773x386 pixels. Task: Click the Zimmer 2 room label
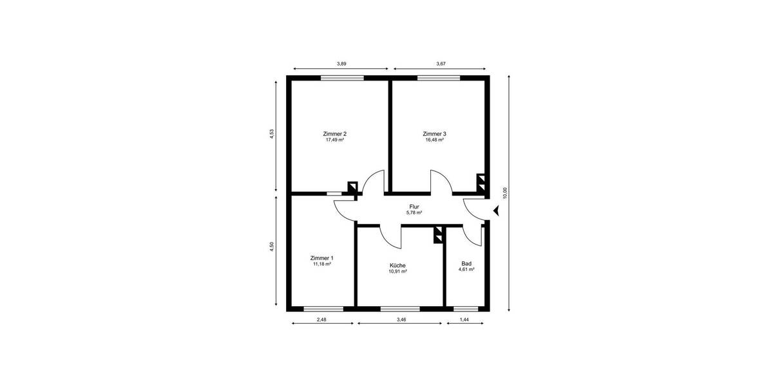coord(334,134)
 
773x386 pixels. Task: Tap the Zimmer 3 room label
coord(434,134)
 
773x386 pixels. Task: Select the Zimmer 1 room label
coord(321,258)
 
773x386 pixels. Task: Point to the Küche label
coord(397,265)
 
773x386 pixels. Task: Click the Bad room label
coord(466,263)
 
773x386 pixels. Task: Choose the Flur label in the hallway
coord(414,207)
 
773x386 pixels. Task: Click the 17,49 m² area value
coord(334,140)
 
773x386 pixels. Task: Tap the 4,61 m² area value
coord(466,270)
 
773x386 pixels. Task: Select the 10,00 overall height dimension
coord(505,193)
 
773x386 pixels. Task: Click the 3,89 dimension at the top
coord(341,64)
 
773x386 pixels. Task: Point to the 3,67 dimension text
coord(441,64)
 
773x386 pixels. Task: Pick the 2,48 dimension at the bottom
coord(322,320)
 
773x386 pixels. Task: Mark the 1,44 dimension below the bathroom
coord(464,320)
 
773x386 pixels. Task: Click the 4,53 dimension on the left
coord(272,134)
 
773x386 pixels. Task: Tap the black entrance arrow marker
coord(495,210)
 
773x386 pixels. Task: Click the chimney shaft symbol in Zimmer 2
coord(352,187)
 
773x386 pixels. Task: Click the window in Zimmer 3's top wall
coord(438,78)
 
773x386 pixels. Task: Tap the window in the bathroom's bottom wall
coord(466,309)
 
